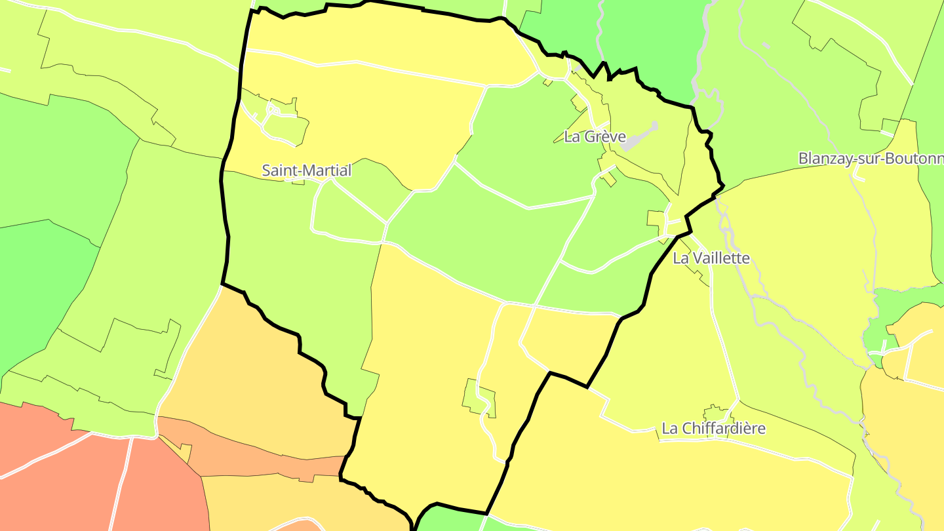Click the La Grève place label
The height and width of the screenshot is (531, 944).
[x=595, y=137]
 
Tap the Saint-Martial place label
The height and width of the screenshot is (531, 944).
[x=307, y=170]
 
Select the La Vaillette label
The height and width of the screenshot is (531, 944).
[x=711, y=258]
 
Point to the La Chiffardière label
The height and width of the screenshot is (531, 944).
[x=714, y=429]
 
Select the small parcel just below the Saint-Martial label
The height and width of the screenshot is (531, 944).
[x=298, y=181]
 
